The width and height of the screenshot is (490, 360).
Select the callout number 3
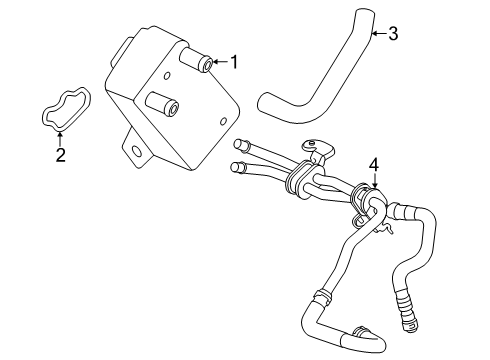pyautogui.click(x=393, y=34)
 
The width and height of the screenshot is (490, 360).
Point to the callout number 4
pyautogui.click(x=374, y=163)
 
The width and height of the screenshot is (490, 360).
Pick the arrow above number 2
pyautogui.click(x=61, y=138)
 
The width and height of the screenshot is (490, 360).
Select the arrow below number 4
pyautogui.click(x=374, y=179)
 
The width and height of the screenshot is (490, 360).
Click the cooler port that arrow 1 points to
pyautogui.click(x=206, y=65)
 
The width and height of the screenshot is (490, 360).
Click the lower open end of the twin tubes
pyautogui.click(x=236, y=167)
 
